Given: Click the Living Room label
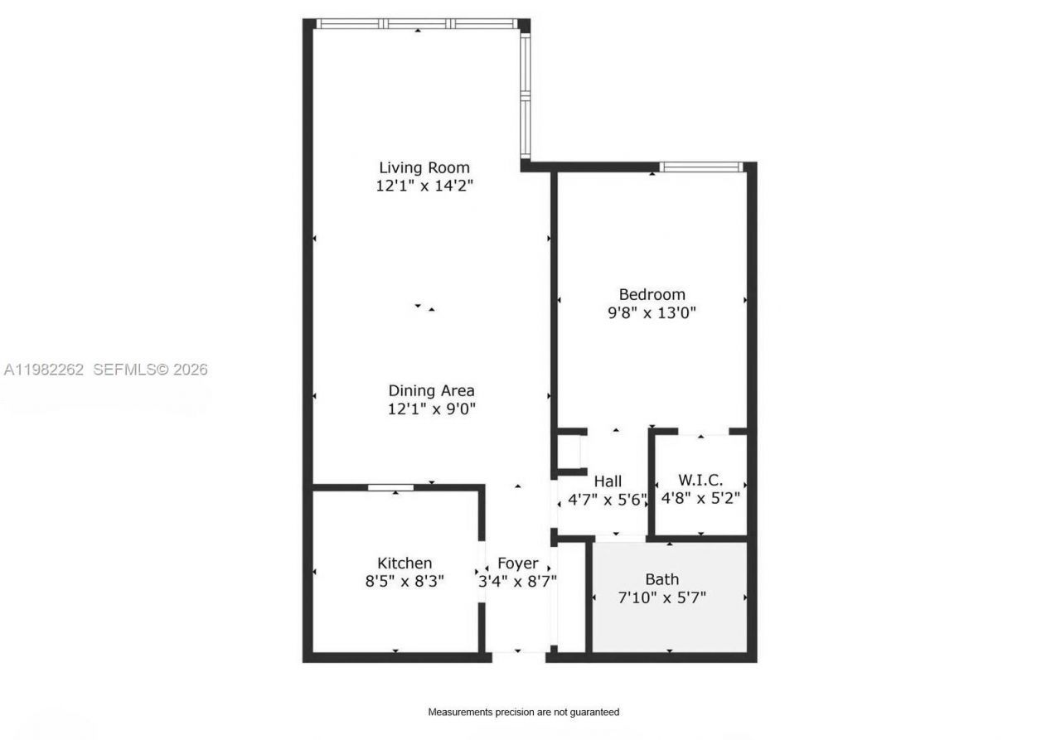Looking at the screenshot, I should [424, 168].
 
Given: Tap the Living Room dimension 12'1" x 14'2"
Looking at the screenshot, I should [424, 186].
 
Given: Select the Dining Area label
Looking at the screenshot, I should [431, 390].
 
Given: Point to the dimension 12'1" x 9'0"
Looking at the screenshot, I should [431, 409].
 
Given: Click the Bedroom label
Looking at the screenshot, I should [652, 294].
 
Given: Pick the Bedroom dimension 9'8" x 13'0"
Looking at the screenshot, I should [652, 313].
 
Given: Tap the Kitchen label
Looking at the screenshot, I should [405, 563].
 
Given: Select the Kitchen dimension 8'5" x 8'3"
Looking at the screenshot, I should [405, 582].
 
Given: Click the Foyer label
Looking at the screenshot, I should [518, 563].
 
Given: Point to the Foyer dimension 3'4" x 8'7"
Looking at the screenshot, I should [518, 582].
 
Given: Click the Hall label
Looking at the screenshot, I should [608, 481].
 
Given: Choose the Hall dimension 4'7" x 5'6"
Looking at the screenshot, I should [608, 500].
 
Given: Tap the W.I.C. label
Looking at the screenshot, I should [700, 480].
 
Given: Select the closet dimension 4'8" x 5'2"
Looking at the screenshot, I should [700, 499].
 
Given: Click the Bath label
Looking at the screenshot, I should [662, 579].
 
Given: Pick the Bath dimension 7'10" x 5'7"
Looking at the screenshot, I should [662, 597].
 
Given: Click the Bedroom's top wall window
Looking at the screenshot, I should [700, 167].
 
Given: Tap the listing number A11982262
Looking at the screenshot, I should [44, 370].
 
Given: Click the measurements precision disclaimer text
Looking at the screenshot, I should [523, 712].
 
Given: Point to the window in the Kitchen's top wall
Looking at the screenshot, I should [390, 487].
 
